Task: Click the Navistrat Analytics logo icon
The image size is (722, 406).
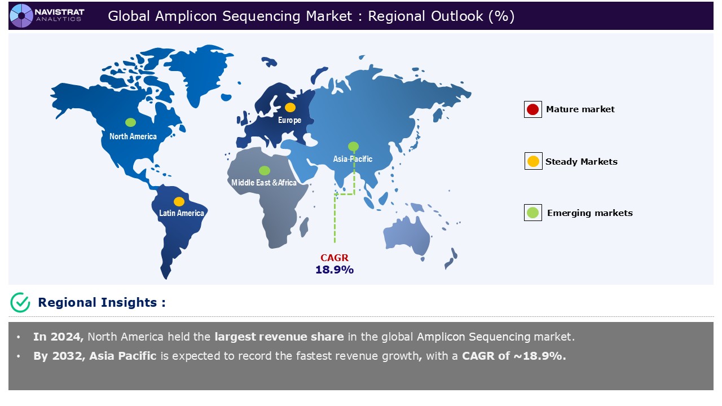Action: click(x=21, y=15)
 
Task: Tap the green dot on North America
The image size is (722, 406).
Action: click(x=130, y=122)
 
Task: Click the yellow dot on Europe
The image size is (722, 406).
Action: click(x=290, y=107)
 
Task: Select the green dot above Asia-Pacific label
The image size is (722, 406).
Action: click(x=353, y=147)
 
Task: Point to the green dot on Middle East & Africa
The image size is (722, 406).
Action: click(x=264, y=170)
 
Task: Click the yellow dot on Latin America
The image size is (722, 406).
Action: click(x=179, y=201)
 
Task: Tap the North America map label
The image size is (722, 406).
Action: click(x=133, y=136)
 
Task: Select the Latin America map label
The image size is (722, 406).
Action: click(x=181, y=213)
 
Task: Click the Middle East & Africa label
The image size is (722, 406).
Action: click(x=264, y=183)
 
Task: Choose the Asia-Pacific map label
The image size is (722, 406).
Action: click(x=353, y=159)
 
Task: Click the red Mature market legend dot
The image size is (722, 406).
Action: click(x=532, y=109)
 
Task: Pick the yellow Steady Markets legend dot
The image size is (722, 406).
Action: click(x=532, y=162)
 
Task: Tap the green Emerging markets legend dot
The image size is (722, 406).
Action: click(x=532, y=213)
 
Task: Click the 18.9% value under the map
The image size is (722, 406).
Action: click(x=334, y=270)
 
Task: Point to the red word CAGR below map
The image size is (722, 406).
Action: click(x=334, y=258)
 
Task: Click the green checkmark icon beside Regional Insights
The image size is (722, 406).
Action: click(x=20, y=302)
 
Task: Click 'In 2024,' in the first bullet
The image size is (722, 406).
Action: click(x=59, y=337)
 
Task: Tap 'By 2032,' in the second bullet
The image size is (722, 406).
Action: click(x=59, y=356)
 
